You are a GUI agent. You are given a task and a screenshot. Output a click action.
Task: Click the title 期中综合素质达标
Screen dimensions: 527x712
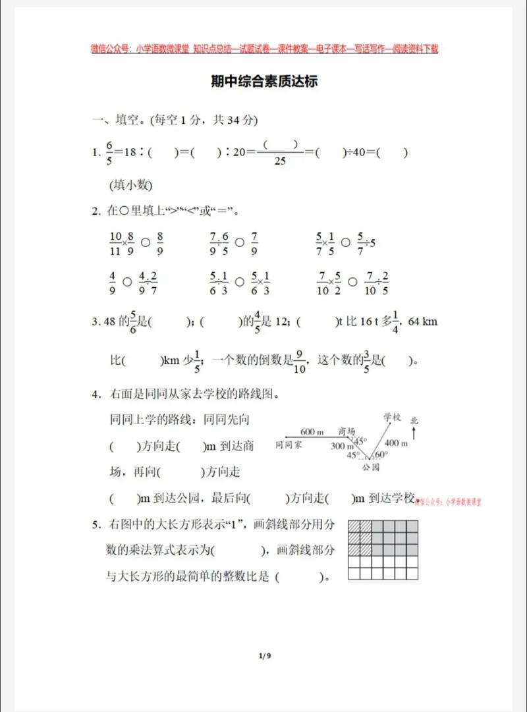[x=263, y=82]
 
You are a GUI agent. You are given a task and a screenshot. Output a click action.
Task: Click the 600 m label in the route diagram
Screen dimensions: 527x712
[x=312, y=432]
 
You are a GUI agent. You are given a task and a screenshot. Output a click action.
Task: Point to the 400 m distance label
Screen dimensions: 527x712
[x=396, y=443]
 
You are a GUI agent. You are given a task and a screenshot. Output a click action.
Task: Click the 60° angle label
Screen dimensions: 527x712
[x=381, y=455]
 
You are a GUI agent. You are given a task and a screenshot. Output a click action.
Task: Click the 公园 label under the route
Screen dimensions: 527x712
[x=371, y=468]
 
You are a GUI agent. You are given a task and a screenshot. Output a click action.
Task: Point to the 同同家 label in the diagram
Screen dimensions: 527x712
[x=289, y=446]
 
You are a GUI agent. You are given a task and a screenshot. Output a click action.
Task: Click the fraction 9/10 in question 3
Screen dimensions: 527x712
[x=299, y=361]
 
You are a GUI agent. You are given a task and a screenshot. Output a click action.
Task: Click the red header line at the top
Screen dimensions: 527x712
[x=264, y=49]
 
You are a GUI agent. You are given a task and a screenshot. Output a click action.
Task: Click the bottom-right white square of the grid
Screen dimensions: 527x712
[x=410, y=573]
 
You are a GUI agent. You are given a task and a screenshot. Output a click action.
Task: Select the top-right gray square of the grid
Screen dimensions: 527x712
[x=410, y=526]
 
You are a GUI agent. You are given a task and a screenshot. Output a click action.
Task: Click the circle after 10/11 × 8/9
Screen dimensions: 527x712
[x=145, y=241]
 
